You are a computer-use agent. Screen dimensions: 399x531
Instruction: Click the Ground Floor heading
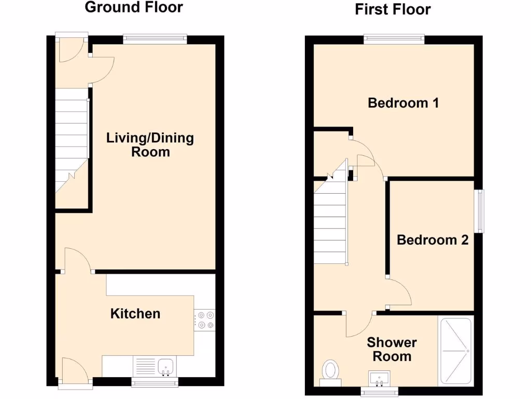pyautogui.click(x=134, y=7)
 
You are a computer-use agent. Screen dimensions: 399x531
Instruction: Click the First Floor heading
pyautogui.click(x=393, y=9)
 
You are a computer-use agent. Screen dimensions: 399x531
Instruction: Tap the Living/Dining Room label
pyautogui.click(x=150, y=145)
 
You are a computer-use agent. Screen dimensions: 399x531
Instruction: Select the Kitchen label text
pyautogui.click(x=135, y=314)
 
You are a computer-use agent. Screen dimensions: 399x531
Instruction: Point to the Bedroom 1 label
pyautogui.click(x=403, y=103)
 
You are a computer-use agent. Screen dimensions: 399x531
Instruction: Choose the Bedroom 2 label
pyautogui.click(x=432, y=240)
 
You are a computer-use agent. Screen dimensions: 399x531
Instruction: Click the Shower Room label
pyautogui.click(x=392, y=349)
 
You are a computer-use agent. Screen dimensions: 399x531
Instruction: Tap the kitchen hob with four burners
pyautogui.click(x=204, y=320)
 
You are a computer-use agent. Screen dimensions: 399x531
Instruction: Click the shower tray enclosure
pyautogui.click(x=455, y=351)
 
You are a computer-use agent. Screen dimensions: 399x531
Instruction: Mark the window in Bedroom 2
pyautogui.click(x=480, y=211)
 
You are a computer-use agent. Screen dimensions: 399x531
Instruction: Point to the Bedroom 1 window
pyautogui.click(x=394, y=38)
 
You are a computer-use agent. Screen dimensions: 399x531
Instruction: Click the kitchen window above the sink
pyautogui.click(x=155, y=383)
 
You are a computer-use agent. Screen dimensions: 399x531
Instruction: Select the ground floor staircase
pyautogui.click(x=72, y=140)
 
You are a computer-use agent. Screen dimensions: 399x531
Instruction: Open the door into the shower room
pyautogui.click(x=359, y=325)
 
